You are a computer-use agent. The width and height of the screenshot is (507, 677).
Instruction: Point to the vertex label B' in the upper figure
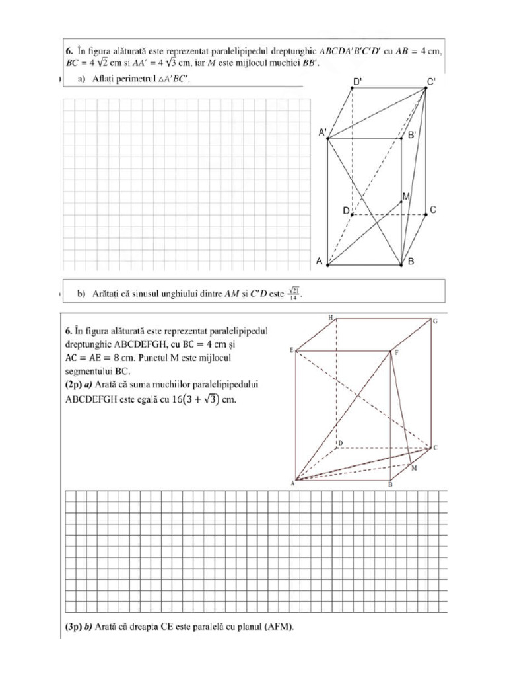411,135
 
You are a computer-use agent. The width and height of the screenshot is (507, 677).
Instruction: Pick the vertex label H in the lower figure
330,318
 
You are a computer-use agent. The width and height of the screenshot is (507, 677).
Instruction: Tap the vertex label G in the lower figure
436,321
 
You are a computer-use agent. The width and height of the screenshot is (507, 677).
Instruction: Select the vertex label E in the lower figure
291,350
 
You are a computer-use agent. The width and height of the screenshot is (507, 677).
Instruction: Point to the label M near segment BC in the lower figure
414,468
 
